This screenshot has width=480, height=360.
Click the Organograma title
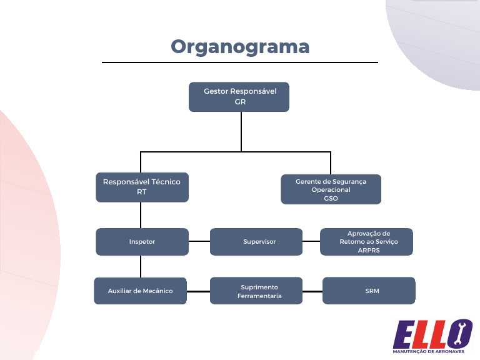point(240,46)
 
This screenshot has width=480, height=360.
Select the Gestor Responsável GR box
point(239,97)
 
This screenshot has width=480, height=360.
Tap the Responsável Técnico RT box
point(142,187)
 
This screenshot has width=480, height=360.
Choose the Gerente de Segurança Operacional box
point(331,189)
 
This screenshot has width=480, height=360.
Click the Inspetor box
point(142,242)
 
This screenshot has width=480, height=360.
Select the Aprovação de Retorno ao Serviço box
point(367,242)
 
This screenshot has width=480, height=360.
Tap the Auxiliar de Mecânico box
point(141,291)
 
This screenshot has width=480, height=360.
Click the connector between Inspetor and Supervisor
point(199,241)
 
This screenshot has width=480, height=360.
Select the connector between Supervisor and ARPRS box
point(311,241)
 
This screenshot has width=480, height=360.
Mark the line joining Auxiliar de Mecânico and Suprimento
point(198,291)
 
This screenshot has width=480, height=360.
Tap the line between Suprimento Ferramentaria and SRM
point(312,291)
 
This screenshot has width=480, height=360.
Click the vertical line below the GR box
point(241,131)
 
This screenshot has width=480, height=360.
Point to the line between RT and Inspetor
point(141,215)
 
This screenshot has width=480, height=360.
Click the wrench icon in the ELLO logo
point(464,334)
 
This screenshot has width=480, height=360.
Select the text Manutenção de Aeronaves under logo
point(432,352)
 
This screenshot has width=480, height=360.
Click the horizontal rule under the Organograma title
point(240,62)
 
